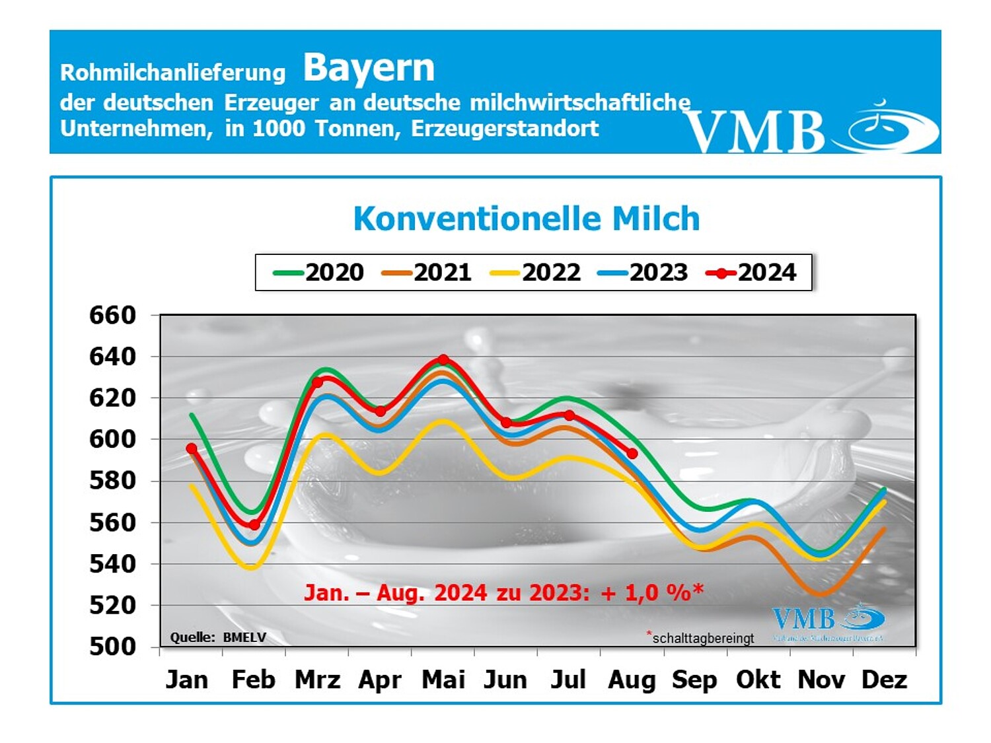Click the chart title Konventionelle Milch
pyautogui.click(x=526, y=219)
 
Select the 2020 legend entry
pyautogui.click(x=319, y=272)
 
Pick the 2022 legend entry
pyautogui.click(x=536, y=272)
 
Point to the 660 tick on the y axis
pyautogui.click(x=112, y=315)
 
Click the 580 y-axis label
pyautogui.click(x=112, y=480)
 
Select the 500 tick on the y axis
pyautogui.click(x=112, y=646)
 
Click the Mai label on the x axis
pyautogui.click(x=443, y=680)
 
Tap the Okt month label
pyautogui.click(x=758, y=680)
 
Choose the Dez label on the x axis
pyautogui.click(x=884, y=680)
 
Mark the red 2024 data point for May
pyautogui.click(x=443, y=360)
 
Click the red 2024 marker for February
pyautogui.click(x=254, y=524)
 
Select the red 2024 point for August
pyautogui.click(x=632, y=454)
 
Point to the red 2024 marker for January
pyautogui.click(x=192, y=448)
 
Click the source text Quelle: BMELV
pyautogui.click(x=218, y=637)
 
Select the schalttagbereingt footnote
pyautogui.click(x=702, y=638)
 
